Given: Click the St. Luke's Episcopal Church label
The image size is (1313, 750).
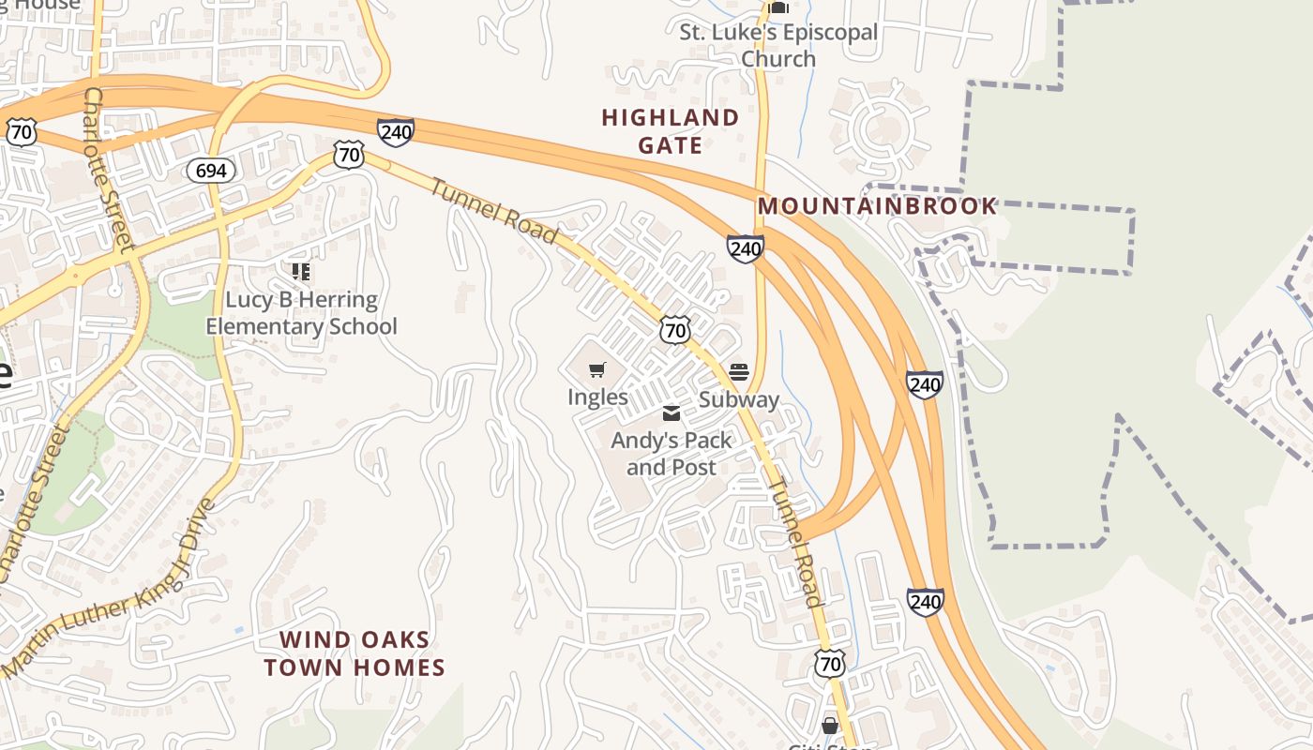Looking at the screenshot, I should pyautogui.click(x=778, y=45).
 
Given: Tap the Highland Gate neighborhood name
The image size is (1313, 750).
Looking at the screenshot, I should pyautogui.click(x=670, y=131).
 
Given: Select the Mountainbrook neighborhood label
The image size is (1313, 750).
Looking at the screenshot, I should pyautogui.click(x=877, y=206).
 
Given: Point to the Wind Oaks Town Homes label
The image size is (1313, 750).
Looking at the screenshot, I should pyautogui.click(x=354, y=653).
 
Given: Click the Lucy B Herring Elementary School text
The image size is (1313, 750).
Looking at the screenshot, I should pyautogui.click(x=301, y=313).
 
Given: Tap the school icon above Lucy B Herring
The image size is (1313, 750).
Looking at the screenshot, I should pyautogui.click(x=301, y=272).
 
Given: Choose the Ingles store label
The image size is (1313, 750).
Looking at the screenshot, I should pyautogui.click(x=597, y=397).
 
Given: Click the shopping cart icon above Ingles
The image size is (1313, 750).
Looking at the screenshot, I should pyautogui.click(x=597, y=370).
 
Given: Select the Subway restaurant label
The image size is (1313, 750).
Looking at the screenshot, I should pyautogui.click(x=739, y=399).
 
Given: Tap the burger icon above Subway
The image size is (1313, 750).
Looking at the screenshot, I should pyautogui.click(x=739, y=373).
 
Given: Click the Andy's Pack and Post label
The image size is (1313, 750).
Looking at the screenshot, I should pyautogui.click(x=671, y=453).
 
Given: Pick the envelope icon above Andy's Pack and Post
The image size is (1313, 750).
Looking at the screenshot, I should pyautogui.click(x=672, y=413).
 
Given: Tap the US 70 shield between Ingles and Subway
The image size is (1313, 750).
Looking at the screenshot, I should pyautogui.click(x=674, y=329).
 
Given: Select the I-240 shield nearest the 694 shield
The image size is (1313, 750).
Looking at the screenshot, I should pyautogui.click(x=396, y=132).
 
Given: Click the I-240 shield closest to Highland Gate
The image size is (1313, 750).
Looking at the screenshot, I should pyautogui.click(x=745, y=248).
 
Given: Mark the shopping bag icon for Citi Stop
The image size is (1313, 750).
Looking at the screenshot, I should pyautogui.click(x=830, y=726).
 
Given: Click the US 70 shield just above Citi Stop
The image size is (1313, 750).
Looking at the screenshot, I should pyautogui.click(x=830, y=664).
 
